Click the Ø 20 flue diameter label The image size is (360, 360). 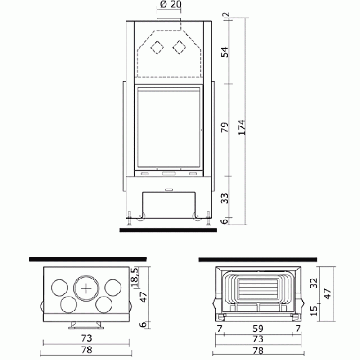pyautogui.click(x=171, y=4)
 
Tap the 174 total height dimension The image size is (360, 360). pyautogui.click(x=242, y=127)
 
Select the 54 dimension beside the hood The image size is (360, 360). pyautogui.click(x=225, y=52)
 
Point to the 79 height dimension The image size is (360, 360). pyautogui.click(x=225, y=127)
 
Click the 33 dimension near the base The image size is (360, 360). pyautogui.click(x=225, y=198)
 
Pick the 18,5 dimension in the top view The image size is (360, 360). pyautogui.click(x=135, y=277)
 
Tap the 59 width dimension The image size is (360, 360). pyautogui.click(x=258, y=329)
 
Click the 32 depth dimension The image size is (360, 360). pyautogui.click(x=314, y=283)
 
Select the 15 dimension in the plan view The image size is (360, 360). pyautogui.click(x=314, y=310)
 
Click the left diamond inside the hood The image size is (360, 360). pyautogui.click(x=157, y=48)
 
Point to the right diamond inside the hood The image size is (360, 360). pyautogui.click(x=179, y=48)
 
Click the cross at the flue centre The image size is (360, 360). pyautogui.click(x=86, y=288)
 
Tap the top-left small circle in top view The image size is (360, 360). pyautogui.click(x=59, y=288)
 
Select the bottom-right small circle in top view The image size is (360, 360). pyautogui.click(x=104, y=305)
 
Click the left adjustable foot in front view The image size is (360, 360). pyautogui.click(x=130, y=218)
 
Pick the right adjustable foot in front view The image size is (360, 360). pyautogui.click(x=208, y=218)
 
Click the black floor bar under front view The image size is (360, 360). pyautogui.click(x=168, y=230)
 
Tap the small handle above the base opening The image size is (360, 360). pyautogui.click(x=169, y=189)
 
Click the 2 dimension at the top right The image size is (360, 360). pyautogui.click(x=226, y=14)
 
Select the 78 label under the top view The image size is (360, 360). pyautogui.click(x=86, y=350)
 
